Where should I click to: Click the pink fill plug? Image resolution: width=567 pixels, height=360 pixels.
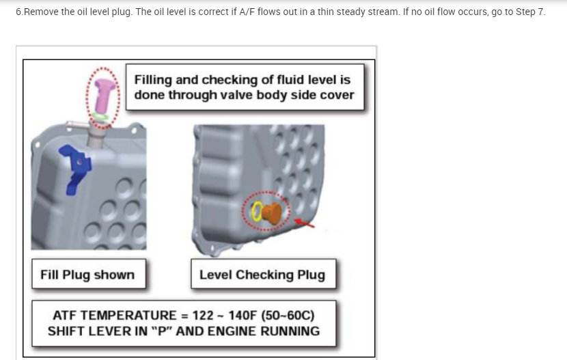102,92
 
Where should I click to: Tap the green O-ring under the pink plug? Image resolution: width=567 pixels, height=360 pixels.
102,116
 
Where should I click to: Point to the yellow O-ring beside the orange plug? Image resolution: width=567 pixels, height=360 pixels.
258,214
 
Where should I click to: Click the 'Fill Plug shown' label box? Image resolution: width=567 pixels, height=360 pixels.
87,275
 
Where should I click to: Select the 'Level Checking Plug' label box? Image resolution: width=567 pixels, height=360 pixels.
262,275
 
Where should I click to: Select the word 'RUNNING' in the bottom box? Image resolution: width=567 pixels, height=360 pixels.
287,331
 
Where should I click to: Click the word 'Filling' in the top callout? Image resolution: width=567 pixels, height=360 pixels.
154,79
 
